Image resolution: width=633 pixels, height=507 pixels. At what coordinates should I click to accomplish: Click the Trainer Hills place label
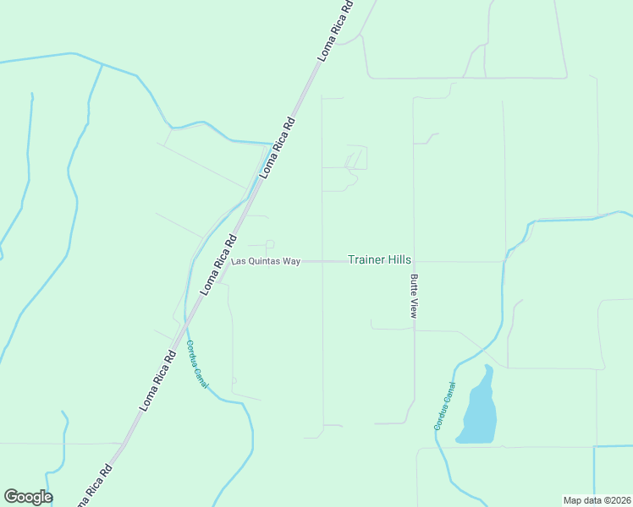click(380, 260)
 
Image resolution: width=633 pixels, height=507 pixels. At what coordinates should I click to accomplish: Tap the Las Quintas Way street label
click(267, 262)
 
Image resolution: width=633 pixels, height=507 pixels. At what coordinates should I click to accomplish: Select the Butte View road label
click(414, 296)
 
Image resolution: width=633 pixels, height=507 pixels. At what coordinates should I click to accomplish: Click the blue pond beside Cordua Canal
click(478, 410)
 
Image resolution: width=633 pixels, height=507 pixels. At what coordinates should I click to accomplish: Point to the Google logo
click(28, 497)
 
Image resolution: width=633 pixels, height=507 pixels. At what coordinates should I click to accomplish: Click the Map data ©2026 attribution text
click(597, 500)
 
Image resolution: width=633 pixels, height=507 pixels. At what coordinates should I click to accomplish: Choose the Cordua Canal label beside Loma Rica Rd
click(196, 364)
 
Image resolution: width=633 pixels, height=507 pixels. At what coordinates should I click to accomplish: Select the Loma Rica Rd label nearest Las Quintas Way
click(218, 264)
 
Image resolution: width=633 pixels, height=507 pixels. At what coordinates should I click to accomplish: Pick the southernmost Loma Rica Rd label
click(94, 487)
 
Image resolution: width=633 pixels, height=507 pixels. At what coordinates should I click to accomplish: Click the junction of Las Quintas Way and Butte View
click(414, 262)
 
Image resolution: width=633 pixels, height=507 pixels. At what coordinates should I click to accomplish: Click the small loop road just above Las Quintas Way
click(269, 245)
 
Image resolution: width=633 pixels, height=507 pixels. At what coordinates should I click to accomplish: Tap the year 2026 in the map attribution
click(619, 500)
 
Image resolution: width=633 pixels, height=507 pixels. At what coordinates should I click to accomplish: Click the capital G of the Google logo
click(11, 496)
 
